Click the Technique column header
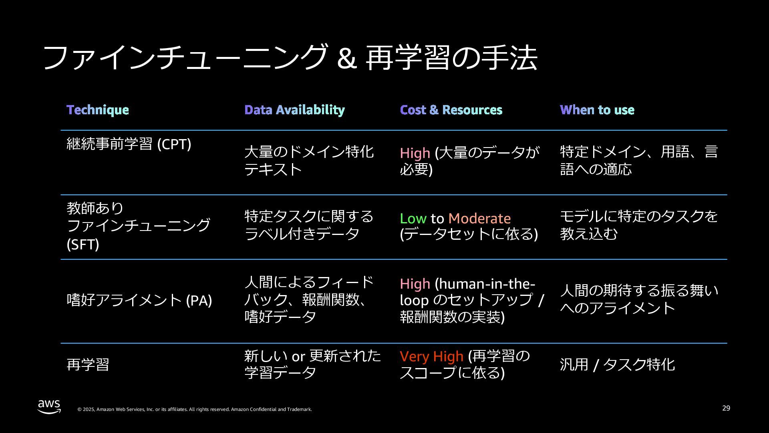(98, 110)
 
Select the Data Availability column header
(294, 110)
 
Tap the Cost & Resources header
(451, 110)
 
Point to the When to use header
(597, 110)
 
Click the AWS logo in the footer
(49, 406)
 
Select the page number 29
(726, 408)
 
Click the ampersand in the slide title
(346, 59)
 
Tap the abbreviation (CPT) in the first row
(174, 144)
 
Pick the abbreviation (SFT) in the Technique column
(83, 244)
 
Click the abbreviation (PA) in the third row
(199, 300)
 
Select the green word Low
(413, 219)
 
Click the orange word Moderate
(479, 219)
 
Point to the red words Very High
(431, 356)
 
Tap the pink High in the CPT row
(415, 153)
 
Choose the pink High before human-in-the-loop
(415, 284)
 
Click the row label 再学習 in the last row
(88, 364)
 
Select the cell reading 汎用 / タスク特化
(617, 364)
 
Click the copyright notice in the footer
(194, 409)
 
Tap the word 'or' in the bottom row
(298, 356)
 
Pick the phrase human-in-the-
(485, 284)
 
